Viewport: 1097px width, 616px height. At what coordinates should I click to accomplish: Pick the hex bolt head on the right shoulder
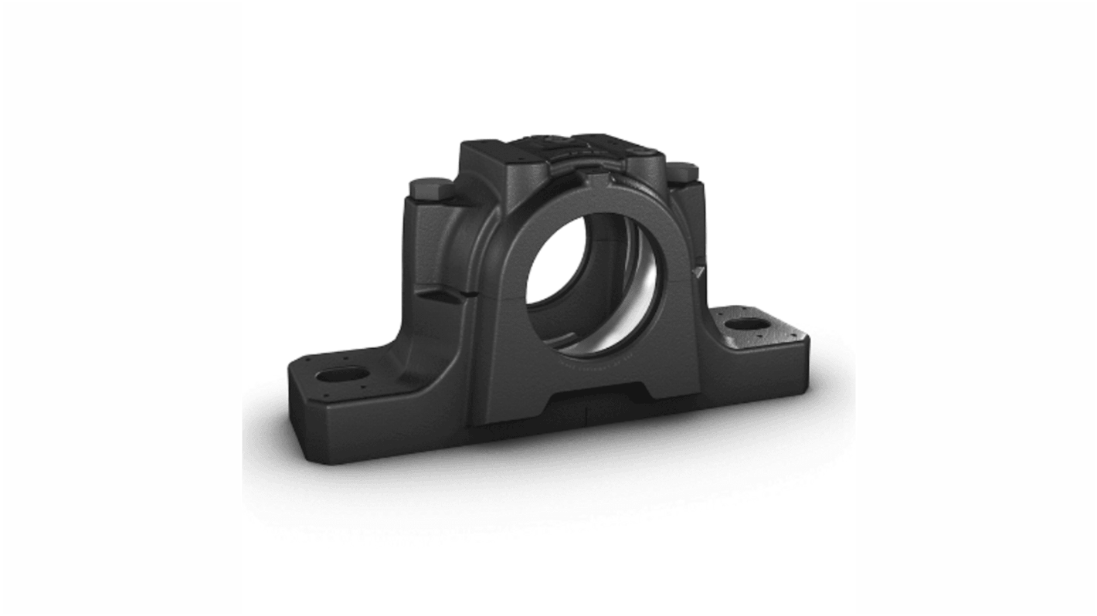[681, 172]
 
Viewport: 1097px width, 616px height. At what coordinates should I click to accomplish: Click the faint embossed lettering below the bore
[595, 362]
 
